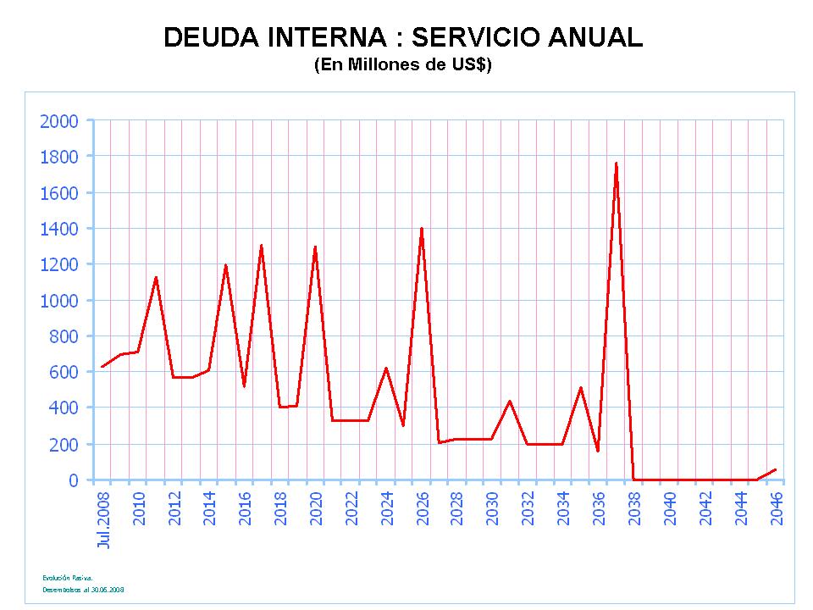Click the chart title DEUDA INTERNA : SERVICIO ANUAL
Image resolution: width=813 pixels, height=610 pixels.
click(402, 38)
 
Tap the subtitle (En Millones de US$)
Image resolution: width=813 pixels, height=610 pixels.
click(402, 66)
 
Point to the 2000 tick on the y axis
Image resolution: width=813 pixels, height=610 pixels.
click(59, 121)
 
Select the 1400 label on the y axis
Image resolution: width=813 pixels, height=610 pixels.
click(59, 229)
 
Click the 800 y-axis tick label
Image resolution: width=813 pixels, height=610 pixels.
click(64, 336)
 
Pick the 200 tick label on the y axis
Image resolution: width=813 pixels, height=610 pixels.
click(64, 444)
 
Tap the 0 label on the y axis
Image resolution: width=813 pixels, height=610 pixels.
click(74, 480)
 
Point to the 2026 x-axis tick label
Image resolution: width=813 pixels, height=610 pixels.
click(423, 507)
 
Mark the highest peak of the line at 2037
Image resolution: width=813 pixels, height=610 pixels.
click(616, 163)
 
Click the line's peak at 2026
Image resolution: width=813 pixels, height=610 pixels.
click(421, 228)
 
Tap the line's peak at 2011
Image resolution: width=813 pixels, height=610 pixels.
click(156, 277)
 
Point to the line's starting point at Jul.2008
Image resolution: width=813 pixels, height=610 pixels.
click(102, 367)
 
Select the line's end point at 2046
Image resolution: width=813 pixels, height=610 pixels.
click(775, 469)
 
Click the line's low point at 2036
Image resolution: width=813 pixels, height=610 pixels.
click(598, 451)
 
